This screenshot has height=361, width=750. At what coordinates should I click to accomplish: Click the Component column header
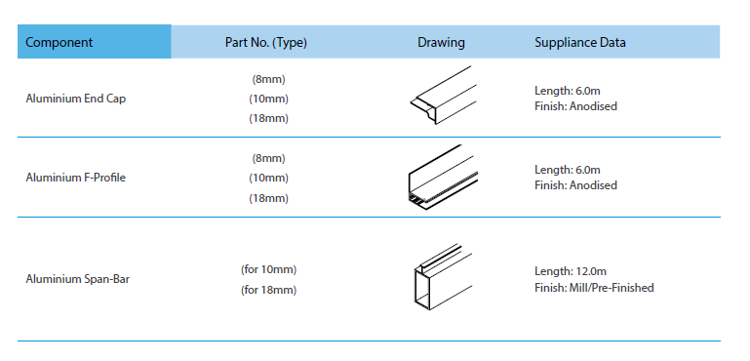(59, 42)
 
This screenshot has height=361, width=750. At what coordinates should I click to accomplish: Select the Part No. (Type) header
(266, 43)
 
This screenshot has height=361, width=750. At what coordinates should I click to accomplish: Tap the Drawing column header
(441, 43)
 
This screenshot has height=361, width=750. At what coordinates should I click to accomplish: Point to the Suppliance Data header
(579, 43)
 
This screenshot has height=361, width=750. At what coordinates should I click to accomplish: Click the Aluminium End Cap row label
(76, 99)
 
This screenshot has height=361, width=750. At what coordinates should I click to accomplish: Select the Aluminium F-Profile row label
(75, 178)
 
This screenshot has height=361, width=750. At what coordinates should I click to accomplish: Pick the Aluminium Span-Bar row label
(77, 279)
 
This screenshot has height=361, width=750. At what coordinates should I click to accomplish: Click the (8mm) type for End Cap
(269, 79)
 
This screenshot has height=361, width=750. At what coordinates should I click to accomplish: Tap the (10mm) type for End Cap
(269, 100)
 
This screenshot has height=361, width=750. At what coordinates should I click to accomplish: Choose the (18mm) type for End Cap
(269, 119)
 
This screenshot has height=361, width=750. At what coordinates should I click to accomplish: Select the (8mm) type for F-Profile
(269, 158)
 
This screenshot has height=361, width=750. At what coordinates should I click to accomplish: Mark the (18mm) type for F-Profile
(269, 198)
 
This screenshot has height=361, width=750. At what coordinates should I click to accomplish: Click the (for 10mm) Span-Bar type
(269, 270)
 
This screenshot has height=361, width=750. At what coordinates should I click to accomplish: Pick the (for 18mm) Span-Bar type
(269, 290)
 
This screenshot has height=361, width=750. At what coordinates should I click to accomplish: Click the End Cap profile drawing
(444, 96)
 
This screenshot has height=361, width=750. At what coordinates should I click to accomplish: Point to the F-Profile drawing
(444, 178)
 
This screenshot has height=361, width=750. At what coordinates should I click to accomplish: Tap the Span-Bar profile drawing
(444, 277)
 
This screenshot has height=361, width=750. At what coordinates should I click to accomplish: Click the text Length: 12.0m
(571, 271)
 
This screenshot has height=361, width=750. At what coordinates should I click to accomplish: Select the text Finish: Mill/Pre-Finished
(594, 288)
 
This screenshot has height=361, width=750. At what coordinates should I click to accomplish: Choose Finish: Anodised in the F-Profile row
(575, 185)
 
